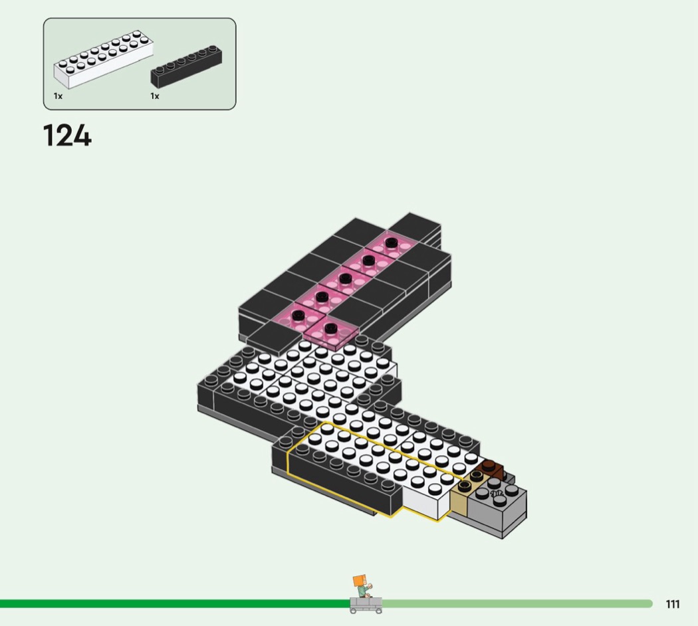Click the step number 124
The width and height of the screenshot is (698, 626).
click(67, 136)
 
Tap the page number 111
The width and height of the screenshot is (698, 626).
click(673, 604)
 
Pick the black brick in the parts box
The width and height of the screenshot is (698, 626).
click(187, 66)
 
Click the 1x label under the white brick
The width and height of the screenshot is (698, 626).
click(58, 96)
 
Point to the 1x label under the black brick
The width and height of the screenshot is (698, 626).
click(154, 96)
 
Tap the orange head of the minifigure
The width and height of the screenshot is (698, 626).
click(359, 581)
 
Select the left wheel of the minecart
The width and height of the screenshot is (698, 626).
click(354, 611)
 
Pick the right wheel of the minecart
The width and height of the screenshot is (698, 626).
click(378, 611)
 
